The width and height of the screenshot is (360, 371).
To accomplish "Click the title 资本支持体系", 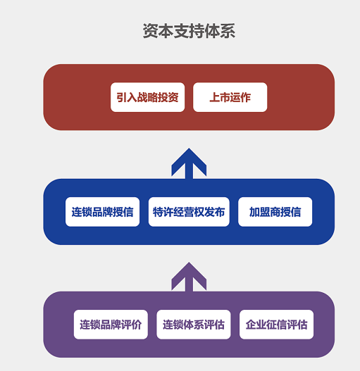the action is pyautogui.click(x=189, y=31).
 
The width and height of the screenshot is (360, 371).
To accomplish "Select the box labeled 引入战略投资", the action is pyautogui.click(x=147, y=97).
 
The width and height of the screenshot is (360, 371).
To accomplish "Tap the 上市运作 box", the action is pyautogui.click(x=230, y=97).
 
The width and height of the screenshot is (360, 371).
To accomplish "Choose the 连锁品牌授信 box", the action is pyautogui.click(x=103, y=212).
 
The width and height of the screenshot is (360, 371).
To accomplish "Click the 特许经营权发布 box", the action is pyautogui.click(x=189, y=212).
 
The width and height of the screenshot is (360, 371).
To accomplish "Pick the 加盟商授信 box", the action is pyautogui.click(x=275, y=212).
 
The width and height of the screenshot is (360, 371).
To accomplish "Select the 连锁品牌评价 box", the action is pyautogui.click(x=111, y=325).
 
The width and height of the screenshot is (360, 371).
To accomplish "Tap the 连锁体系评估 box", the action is pyautogui.click(x=194, y=325).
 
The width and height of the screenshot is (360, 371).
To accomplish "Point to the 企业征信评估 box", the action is pyautogui.click(x=276, y=325).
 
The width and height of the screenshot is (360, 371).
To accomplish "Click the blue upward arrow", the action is pyautogui.click(x=189, y=163).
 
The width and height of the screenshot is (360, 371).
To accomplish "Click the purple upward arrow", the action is pyautogui.click(x=189, y=277).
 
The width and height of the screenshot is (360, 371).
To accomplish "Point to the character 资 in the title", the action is pyautogui.click(x=150, y=31).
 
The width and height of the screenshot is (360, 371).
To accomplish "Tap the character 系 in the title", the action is pyautogui.click(x=228, y=31).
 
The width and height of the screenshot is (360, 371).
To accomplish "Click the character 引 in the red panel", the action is pyautogui.click(x=121, y=97).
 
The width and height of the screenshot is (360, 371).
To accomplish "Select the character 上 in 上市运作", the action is pyautogui.click(x=215, y=97).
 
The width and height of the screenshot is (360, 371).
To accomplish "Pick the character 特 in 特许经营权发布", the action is pyautogui.click(x=158, y=212).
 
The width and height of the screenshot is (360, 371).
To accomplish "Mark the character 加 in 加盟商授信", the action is pyautogui.click(x=254, y=212).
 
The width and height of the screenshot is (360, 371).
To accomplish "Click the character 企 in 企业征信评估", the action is pyautogui.click(x=251, y=325).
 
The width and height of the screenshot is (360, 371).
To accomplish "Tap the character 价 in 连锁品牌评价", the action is pyautogui.click(x=137, y=325).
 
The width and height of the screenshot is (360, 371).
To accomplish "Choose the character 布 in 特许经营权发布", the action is pyautogui.click(x=220, y=212).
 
